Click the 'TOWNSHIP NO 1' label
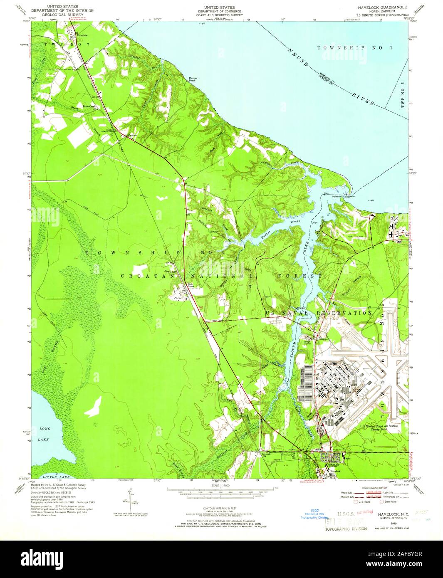(354, 48)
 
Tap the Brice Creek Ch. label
(91, 106)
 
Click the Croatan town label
(131, 135)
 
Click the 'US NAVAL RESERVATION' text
(318, 313)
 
